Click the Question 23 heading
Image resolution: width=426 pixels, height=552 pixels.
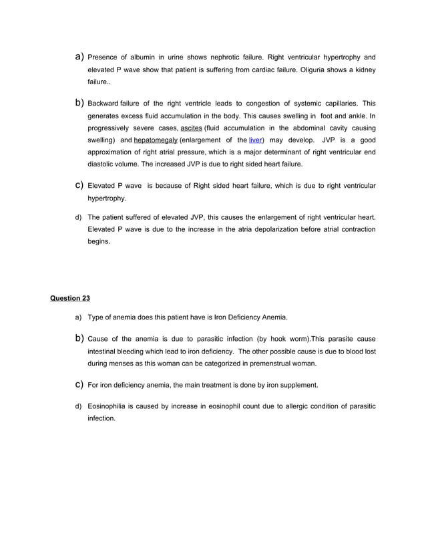point(70,298)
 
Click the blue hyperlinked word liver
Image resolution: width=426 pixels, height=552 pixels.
point(255,140)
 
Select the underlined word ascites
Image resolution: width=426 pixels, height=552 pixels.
point(192,128)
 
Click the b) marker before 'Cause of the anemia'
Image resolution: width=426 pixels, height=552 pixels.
point(78,339)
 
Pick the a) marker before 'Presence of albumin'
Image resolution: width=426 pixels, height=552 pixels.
point(78,57)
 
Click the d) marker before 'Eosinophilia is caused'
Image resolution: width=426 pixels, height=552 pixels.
point(79,406)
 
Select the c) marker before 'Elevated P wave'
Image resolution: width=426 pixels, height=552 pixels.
point(78,185)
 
